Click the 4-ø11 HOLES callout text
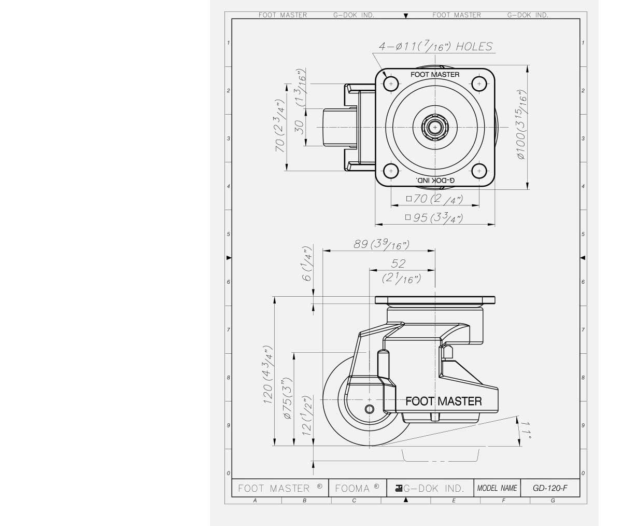[x=435, y=47]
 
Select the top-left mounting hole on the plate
[x=390, y=84]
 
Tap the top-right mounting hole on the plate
[x=479, y=84]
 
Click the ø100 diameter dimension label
[x=522, y=124]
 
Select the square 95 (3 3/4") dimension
[x=434, y=217]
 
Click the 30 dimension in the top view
[x=300, y=127]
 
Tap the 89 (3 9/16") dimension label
[x=381, y=244]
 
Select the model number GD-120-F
[x=550, y=488]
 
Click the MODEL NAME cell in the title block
[x=497, y=488]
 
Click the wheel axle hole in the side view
[x=369, y=409]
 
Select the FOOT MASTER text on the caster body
[x=443, y=401]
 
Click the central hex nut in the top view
[x=434, y=127]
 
